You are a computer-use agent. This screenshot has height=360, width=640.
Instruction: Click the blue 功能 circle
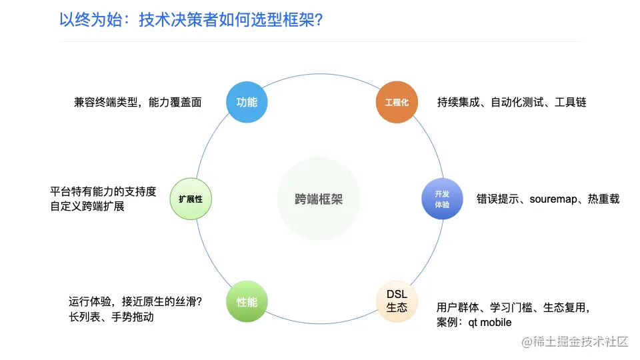point(247,102)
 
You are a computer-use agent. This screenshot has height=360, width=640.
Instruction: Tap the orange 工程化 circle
point(396,103)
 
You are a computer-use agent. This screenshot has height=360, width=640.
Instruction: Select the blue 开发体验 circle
point(442,199)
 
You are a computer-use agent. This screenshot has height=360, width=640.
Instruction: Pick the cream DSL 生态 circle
point(397,301)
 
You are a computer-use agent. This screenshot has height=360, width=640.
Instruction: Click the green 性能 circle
point(247,302)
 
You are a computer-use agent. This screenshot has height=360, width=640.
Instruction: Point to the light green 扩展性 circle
point(190,199)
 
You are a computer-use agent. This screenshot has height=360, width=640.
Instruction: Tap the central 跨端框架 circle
point(319,199)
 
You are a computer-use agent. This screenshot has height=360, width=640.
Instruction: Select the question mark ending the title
point(319,21)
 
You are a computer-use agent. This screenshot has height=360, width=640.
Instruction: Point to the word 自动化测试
point(517,102)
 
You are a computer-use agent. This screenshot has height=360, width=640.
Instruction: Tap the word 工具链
point(571,102)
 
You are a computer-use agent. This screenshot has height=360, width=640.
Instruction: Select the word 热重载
point(603,199)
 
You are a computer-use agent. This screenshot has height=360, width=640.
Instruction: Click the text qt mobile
point(490,323)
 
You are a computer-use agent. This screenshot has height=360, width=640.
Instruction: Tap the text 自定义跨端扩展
point(87,207)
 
